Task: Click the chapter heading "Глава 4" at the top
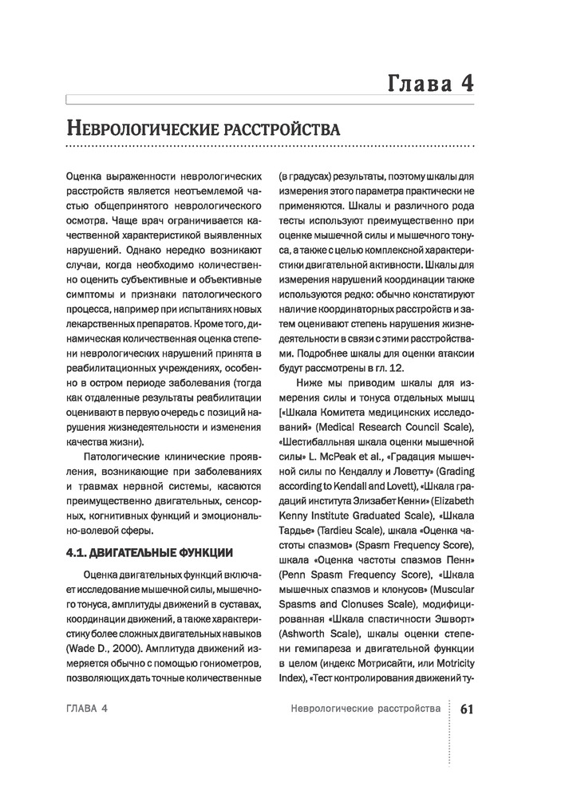431,82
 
